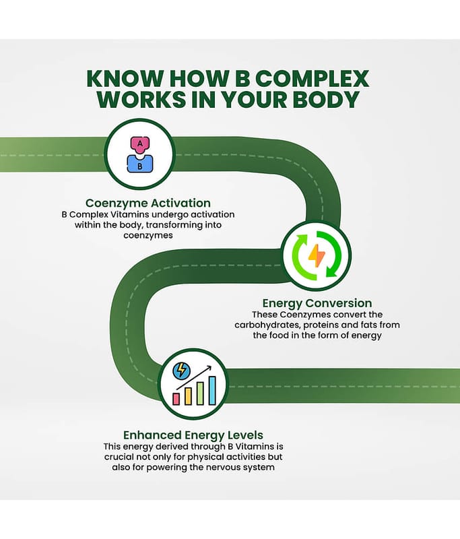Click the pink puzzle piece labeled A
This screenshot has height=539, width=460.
coord(139,146)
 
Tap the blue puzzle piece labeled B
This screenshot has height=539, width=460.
coord(139,164)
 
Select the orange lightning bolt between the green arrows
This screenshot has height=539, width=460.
coord(315,255)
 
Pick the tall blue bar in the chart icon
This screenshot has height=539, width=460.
coord(211,390)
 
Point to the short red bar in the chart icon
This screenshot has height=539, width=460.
coord(177,398)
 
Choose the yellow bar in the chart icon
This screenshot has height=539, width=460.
coord(188,395)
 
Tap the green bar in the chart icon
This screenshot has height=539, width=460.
coord(200,393)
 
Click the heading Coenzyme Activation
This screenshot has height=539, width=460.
coord(147,203)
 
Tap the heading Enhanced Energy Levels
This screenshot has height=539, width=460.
coord(193,435)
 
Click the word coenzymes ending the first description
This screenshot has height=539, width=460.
coord(148,235)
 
